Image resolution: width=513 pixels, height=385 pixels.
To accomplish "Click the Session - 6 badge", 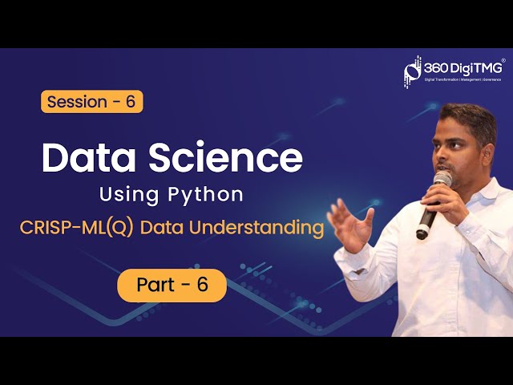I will click(91, 102).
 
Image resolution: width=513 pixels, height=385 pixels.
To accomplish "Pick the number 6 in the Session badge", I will click(130, 102).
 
